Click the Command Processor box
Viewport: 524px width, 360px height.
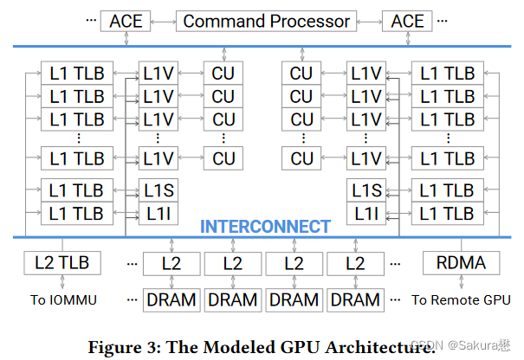pyautogui.click(x=267, y=22)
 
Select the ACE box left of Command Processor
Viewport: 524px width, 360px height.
pyautogui.click(x=126, y=22)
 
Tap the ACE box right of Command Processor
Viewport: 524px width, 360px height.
pyautogui.click(x=408, y=22)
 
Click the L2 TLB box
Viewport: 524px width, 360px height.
pyautogui.click(x=62, y=262)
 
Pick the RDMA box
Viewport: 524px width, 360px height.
pyautogui.click(x=461, y=262)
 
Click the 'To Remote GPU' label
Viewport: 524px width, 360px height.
pyautogui.click(x=461, y=299)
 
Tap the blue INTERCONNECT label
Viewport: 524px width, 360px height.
pyautogui.click(x=265, y=227)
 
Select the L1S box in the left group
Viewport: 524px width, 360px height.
pyautogui.click(x=158, y=190)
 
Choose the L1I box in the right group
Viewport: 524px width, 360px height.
pyautogui.click(x=366, y=212)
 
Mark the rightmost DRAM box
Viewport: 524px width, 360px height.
pyautogui.click(x=355, y=299)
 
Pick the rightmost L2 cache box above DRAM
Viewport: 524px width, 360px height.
pyautogui.click(x=355, y=262)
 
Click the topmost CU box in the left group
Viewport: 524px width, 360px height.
pyautogui.click(x=223, y=74)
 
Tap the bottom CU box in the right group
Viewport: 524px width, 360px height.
pyautogui.click(x=301, y=158)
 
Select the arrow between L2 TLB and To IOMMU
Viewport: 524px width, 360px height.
pyautogui.click(x=62, y=281)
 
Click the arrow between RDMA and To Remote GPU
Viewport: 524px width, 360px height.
pyautogui.click(x=461, y=281)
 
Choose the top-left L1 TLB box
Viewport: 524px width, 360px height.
pyautogui.click(x=76, y=74)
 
